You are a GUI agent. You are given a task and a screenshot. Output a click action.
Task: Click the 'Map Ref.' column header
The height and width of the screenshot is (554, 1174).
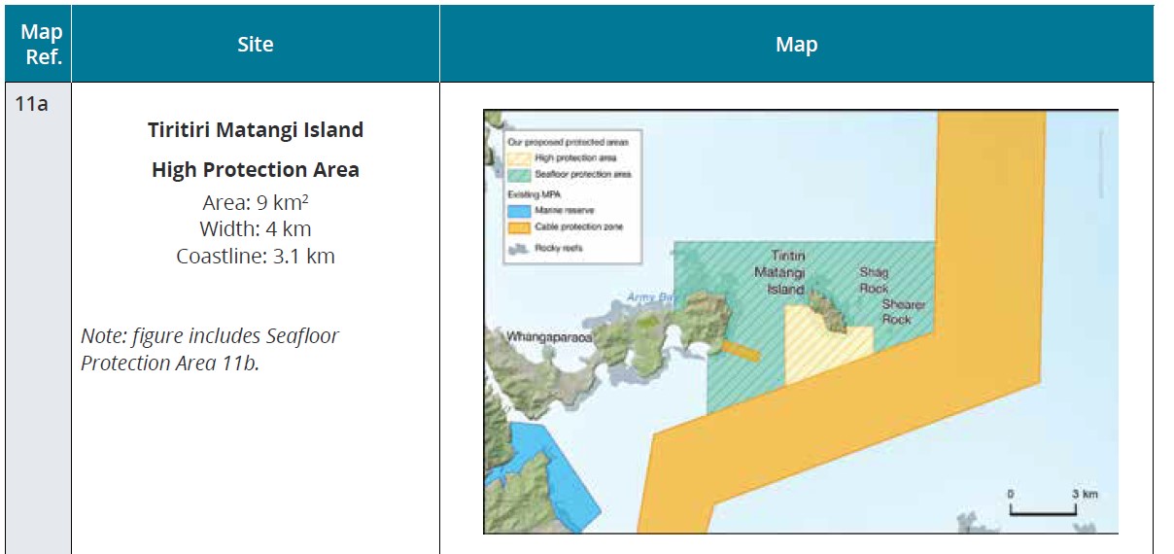42,45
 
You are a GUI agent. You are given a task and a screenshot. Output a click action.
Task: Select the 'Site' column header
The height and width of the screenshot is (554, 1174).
256,45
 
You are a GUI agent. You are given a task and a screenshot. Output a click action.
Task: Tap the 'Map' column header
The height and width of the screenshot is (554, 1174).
796,45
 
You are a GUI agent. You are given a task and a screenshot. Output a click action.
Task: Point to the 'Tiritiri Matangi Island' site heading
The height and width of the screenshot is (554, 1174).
256,130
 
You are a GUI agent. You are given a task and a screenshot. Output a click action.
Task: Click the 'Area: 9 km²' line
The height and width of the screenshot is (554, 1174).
256,204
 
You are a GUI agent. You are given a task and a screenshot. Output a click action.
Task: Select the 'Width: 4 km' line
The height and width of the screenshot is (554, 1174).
256,230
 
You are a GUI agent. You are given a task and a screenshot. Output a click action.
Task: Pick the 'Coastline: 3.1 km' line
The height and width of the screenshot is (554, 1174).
256,257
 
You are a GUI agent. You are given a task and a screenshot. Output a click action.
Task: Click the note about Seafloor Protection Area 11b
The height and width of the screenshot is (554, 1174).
210,349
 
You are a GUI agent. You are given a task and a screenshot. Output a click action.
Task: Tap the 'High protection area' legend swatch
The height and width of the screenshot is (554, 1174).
520,157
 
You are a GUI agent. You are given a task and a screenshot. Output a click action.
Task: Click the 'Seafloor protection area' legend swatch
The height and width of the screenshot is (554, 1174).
520,175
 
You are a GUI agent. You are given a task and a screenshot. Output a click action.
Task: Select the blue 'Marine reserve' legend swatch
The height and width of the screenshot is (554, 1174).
520,209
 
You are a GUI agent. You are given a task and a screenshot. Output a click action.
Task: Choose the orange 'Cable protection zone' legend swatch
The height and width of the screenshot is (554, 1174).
520,226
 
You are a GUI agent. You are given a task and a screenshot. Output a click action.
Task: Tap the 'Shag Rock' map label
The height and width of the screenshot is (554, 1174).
874,280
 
